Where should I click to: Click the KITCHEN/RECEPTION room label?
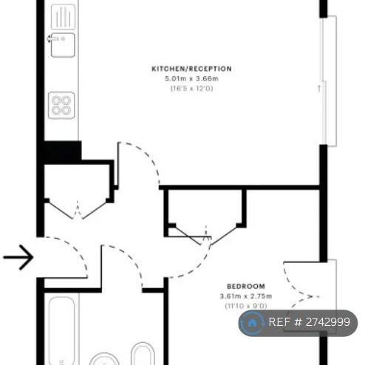(191, 69)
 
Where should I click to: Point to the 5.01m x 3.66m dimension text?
(191, 78)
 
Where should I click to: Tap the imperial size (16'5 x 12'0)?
(191, 88)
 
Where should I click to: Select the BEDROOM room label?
(245, 286)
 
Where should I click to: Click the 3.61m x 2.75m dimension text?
(245, 296)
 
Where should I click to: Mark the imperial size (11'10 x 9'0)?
(245, 305)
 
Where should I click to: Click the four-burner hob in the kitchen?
(61, 105)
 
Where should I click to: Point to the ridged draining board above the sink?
(62, 16)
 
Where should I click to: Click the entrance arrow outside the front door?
(18, 257)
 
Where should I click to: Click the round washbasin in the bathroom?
(104, 360)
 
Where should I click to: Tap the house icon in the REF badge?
(253, 323)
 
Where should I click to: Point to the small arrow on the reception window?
(318, 89)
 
